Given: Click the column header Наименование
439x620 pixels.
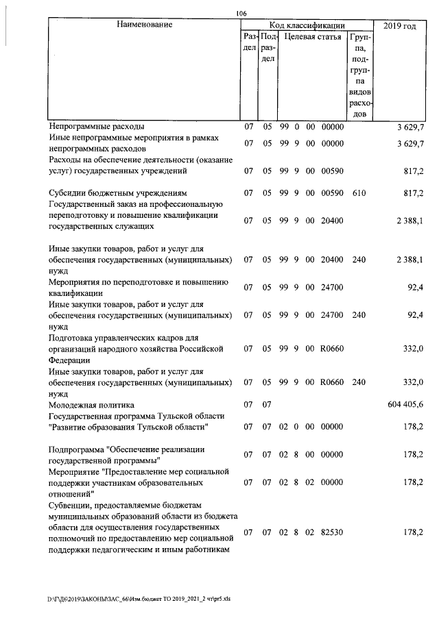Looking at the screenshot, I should (x=143, y=25).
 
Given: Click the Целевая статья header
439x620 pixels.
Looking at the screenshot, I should (x=312, y=37).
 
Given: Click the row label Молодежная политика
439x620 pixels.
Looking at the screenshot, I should (x=91, y=405).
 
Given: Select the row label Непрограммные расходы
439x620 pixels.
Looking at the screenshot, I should (x=97, y=127).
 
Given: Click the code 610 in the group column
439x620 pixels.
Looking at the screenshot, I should (x=358, y=194).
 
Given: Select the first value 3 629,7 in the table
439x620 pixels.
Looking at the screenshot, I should (x=410, y=127).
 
